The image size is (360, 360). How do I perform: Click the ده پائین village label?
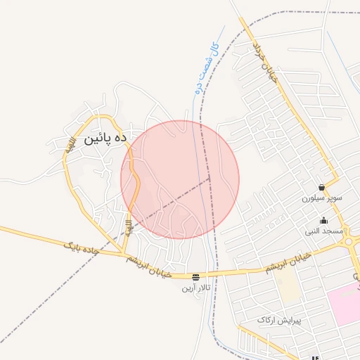105,139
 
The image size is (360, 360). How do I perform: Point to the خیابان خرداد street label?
266,63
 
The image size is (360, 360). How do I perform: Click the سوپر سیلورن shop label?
321,198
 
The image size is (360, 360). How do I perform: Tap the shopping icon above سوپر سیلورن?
321,188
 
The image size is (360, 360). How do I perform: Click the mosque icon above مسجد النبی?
323,220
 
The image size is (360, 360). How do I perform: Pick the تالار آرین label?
196,288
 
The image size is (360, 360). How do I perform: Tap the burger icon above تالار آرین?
195,277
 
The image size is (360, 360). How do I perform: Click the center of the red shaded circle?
180,179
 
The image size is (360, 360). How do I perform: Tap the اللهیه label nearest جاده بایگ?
129,227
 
